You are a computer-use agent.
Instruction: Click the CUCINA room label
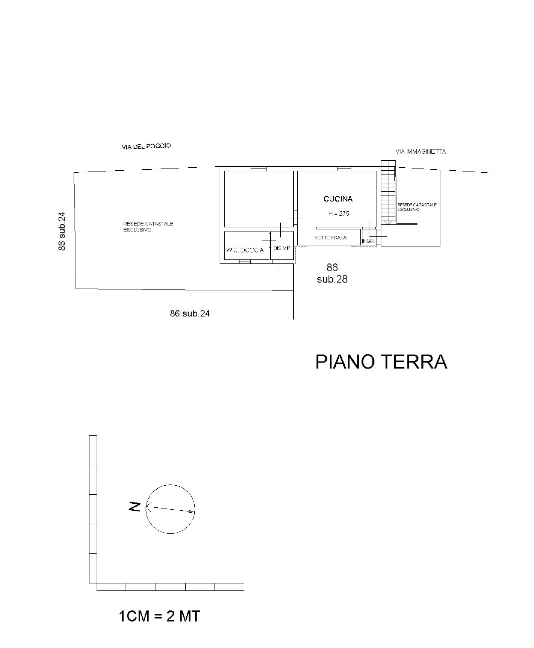(338, 199)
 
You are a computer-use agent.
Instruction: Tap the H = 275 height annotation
(339, 213)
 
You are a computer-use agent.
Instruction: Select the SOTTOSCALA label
(330, 238)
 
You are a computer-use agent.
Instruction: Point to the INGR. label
(368, 241)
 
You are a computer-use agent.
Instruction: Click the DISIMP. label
(282, 248)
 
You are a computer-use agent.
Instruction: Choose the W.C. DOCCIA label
(245, 250)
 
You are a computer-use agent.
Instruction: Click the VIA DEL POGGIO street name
(146, 147)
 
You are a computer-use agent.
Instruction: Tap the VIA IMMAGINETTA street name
(421, 152)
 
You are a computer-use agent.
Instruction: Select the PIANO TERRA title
(381, 362)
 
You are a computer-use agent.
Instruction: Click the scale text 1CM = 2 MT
(159, 616)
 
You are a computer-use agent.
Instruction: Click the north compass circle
(170, 485)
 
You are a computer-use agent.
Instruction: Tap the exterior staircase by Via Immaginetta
(388, 192)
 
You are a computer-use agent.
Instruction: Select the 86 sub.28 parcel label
(332, 273)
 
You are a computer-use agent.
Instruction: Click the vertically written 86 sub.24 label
(62, 231)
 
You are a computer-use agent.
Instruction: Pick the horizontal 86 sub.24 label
(190, 313)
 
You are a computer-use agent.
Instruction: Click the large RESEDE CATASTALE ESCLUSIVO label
(148, 226)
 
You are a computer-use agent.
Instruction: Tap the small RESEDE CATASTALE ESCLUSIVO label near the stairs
(417, 207)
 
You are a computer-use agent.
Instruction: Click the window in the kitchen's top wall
(344, 169)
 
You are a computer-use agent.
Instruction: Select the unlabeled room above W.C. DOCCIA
(259, 199)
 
